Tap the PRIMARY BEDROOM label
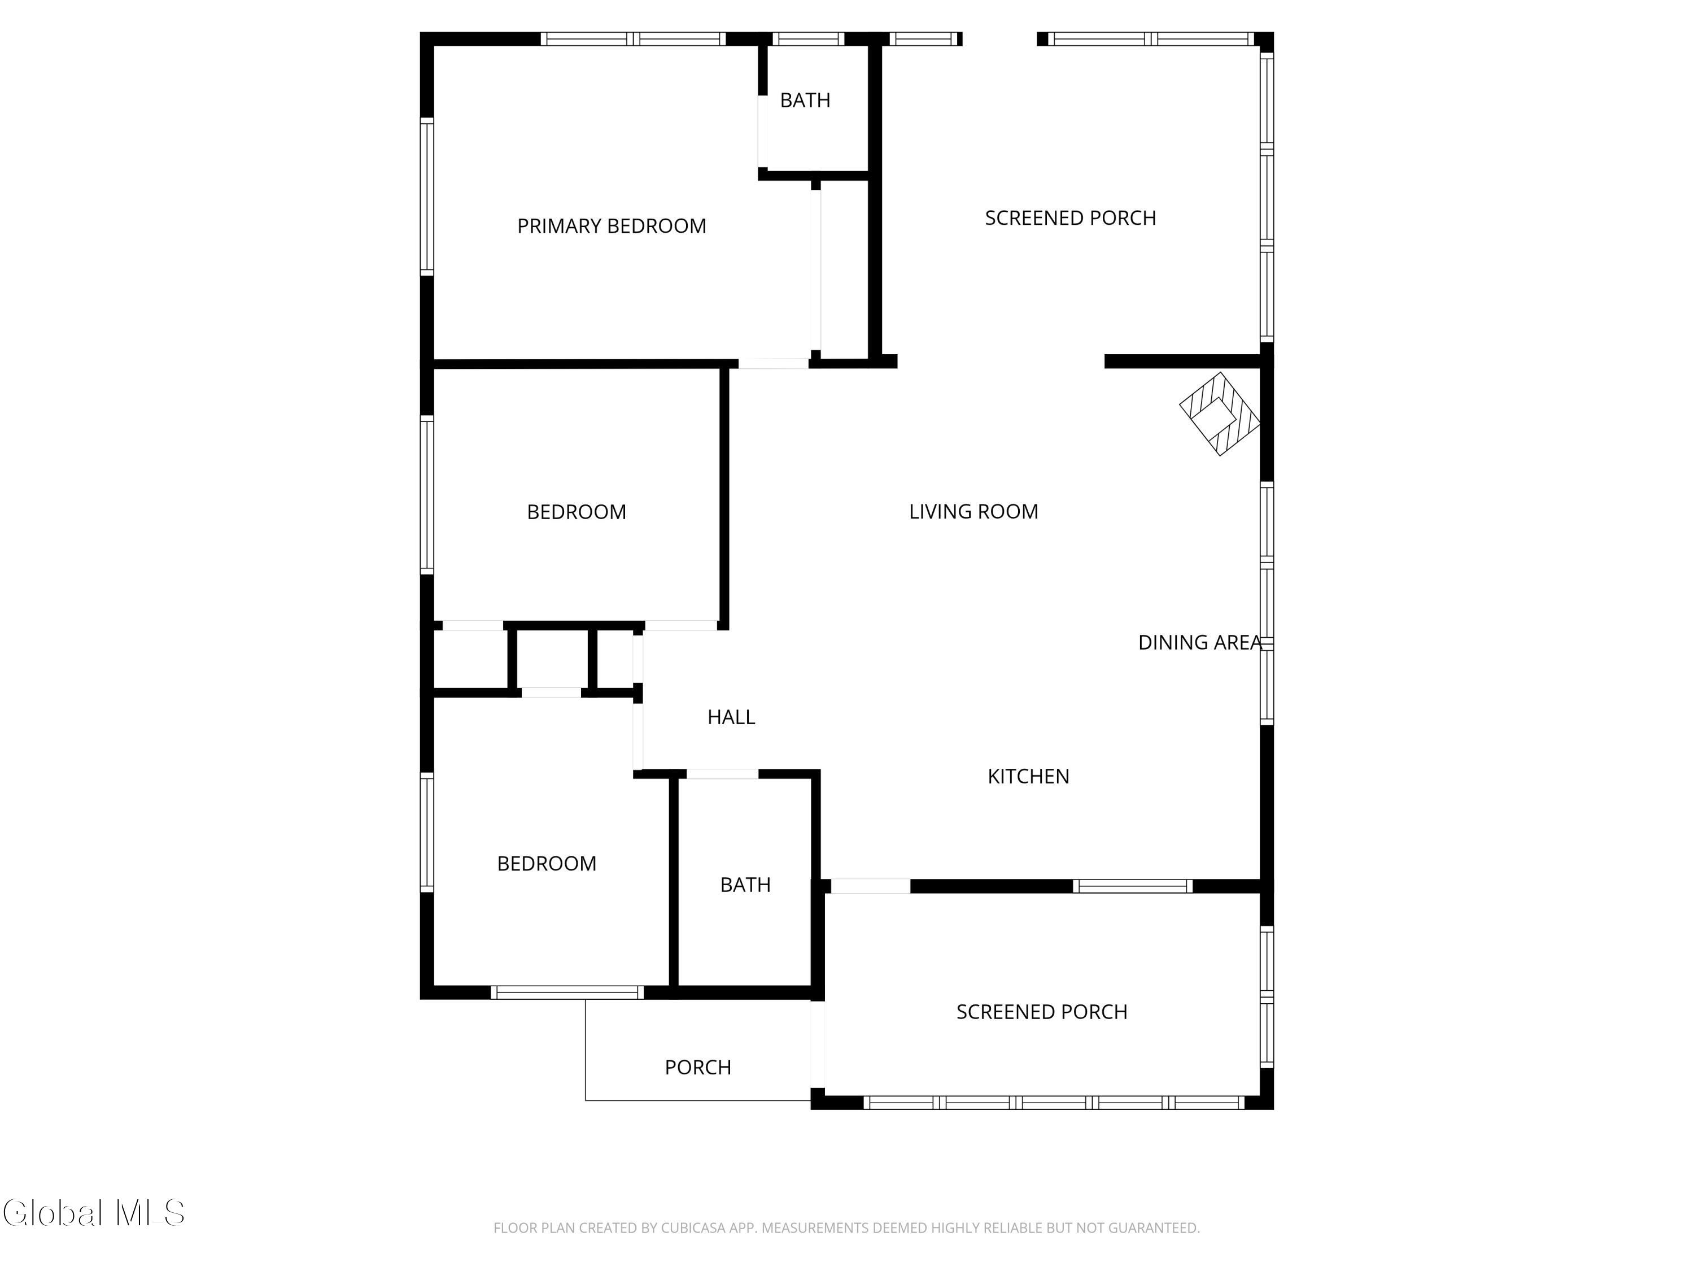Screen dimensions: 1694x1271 (611, 226)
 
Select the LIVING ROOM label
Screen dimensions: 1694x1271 (973, 511)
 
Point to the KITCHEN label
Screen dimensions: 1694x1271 (1028, 776)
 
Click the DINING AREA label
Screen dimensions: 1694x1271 (1199, 642)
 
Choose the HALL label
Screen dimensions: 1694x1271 (731, 717)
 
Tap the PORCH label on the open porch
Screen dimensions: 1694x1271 (698, 1067)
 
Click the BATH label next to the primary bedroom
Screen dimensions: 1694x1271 (805, 101)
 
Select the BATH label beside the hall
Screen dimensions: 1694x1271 (745, 885)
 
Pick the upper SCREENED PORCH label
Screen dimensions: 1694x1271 (1070, 219)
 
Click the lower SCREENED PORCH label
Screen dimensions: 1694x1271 (1041, 1012)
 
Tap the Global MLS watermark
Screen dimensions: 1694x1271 (93, 1213)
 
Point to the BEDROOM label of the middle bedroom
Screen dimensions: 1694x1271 (576, 512)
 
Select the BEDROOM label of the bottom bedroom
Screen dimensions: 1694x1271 (546, 863)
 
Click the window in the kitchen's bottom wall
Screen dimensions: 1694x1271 (1132, 886)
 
